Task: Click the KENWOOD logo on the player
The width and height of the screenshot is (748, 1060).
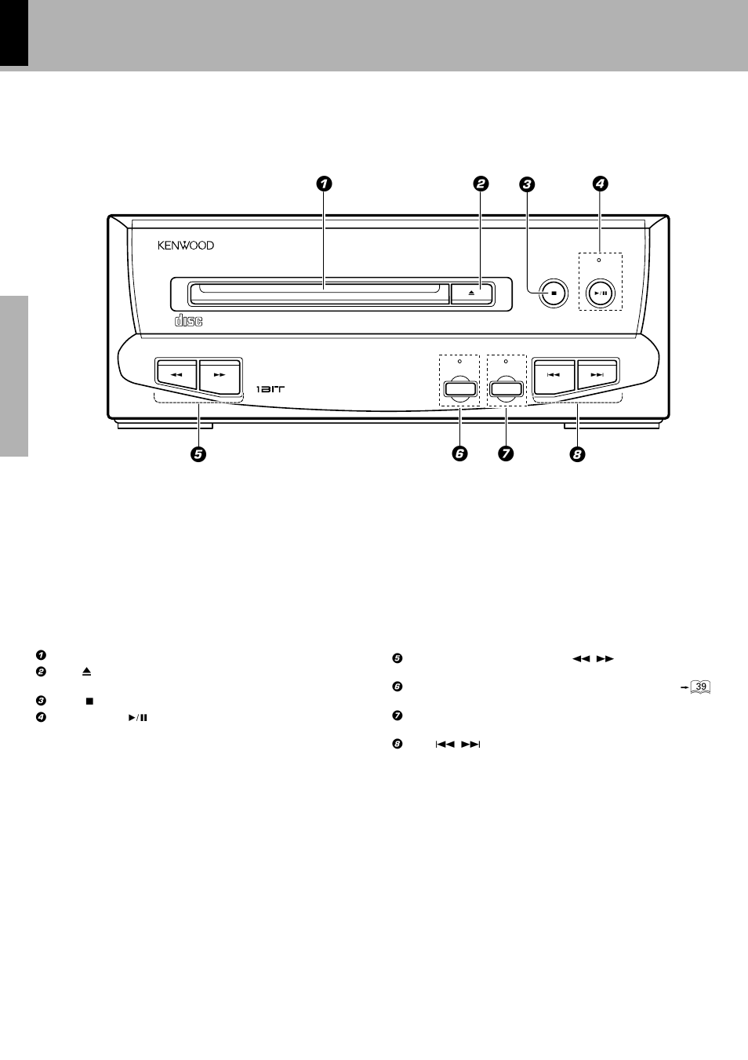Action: pyautogui.click(x=186, y=246)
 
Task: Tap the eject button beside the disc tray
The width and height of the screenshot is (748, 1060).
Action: pyautogui.click(x=471, y=293)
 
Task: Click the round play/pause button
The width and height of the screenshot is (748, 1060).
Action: pyautogui.click(x=601, y=293)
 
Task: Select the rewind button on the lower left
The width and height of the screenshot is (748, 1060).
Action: pyautogui.click(x=176, y=374)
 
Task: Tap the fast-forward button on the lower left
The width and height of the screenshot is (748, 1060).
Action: pyautogui.click(x=220, y=374)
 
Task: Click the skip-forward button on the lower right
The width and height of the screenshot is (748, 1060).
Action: pyautogui.click(x=597, y=374)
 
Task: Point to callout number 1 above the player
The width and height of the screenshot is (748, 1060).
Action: pyautogui.click(x=324, y=184)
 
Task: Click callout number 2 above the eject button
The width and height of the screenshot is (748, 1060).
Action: pyautogui.click(x=481, y=184)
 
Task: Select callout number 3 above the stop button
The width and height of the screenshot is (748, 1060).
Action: pyautogui.click(x=527, y=184)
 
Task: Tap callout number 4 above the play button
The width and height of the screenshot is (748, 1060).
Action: pyautogui.click(x=600, y=184)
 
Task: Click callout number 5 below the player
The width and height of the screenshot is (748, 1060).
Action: pyautogui.click(x=198, y=454)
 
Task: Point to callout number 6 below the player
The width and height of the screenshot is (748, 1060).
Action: pyautogui.click(x=459, y=454)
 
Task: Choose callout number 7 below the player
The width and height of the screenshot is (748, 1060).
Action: pyautogui.click(x=506, y=454)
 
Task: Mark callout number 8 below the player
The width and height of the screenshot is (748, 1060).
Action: pyautogui.click(x=578, y=454)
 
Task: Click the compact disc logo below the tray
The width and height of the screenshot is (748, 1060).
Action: pyautogui.click(x=188, y=320)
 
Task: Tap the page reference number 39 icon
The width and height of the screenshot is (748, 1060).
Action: pyautogui.click(x=701, y=687)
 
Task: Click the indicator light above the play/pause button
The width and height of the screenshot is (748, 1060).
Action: pyautogui.click(x=600, y=259)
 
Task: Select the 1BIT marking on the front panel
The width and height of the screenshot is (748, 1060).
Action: pyautogui.click(x=271, y=389)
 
